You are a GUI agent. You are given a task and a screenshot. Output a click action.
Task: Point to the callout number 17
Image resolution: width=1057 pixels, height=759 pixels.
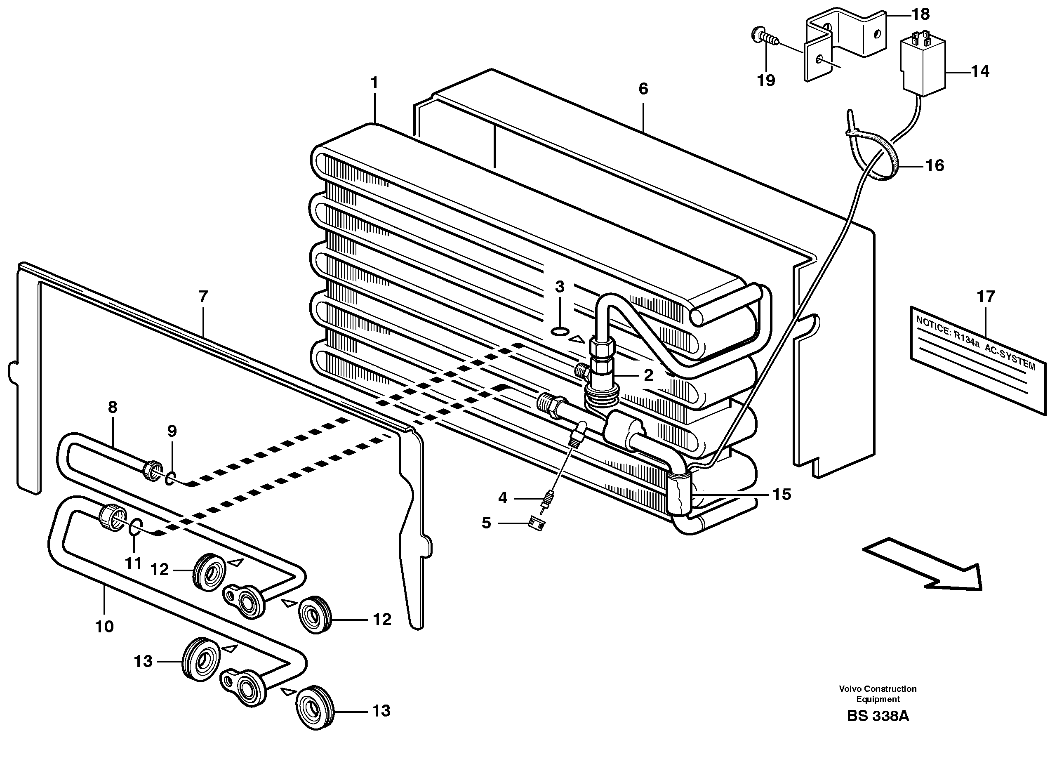[986, 296]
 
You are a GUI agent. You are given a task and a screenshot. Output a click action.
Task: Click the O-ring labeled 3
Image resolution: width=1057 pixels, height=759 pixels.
[559, 332]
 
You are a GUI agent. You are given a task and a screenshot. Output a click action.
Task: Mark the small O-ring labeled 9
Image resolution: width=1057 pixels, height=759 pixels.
[171, 478]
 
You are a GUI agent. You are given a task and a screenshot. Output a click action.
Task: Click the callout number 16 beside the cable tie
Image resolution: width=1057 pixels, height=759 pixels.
[935, 165]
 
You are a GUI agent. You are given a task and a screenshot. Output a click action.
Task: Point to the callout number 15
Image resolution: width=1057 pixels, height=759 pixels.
[782, 494]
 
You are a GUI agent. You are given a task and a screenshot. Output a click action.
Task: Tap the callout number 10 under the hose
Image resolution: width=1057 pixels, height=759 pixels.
[104, 626]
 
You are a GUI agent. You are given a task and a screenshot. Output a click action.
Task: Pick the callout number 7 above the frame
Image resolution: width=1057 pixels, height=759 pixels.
[203, 296]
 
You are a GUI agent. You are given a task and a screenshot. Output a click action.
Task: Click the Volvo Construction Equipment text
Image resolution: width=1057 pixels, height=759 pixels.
[878, 694]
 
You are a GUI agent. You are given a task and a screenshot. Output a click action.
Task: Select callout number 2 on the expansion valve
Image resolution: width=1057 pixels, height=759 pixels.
[648, 375]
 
